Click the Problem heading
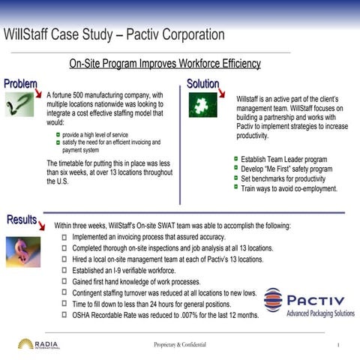(x=20, y=83)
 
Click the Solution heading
(x=202, y=84)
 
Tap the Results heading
(x=22, y=219)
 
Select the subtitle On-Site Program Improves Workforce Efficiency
(x=164, y=64)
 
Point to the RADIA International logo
(x=37, y=344)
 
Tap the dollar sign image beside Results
(x=22, y=251)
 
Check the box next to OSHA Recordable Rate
(x=65, y=316)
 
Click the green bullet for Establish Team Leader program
(x=235, y=160)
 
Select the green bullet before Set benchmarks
(x=235, y=179)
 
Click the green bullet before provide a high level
(x=58, y=133)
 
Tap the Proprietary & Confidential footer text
(x=181, y=344)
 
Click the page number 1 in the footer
(x=339, y=345)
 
